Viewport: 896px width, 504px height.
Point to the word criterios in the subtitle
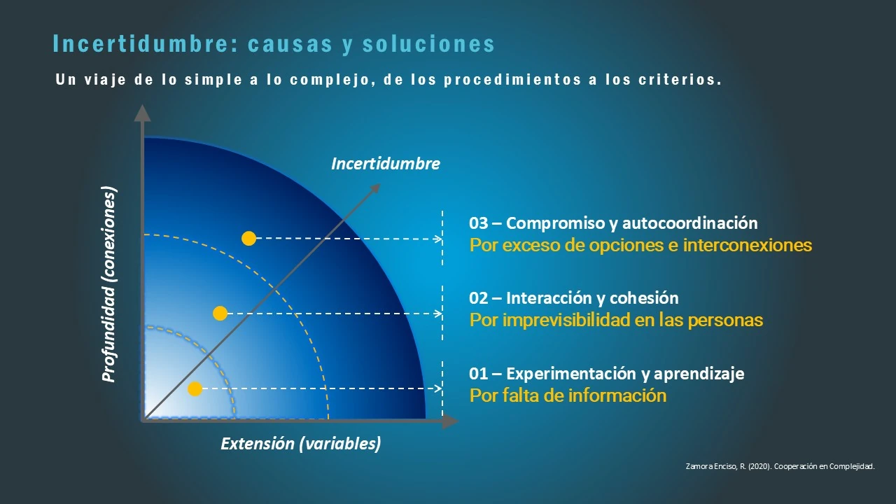click(x=678, y=80)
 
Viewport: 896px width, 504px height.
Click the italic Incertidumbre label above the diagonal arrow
click(x=386, y=164)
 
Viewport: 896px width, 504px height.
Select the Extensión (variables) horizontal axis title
click(x=301, y=444)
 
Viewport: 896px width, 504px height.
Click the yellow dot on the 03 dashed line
click(x=248, y=239)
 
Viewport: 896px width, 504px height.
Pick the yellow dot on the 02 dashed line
click(x=220, y=314)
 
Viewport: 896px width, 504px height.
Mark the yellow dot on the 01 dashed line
click(x=195, y=388)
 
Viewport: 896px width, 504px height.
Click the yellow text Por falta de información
click(x=568, y=395)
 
